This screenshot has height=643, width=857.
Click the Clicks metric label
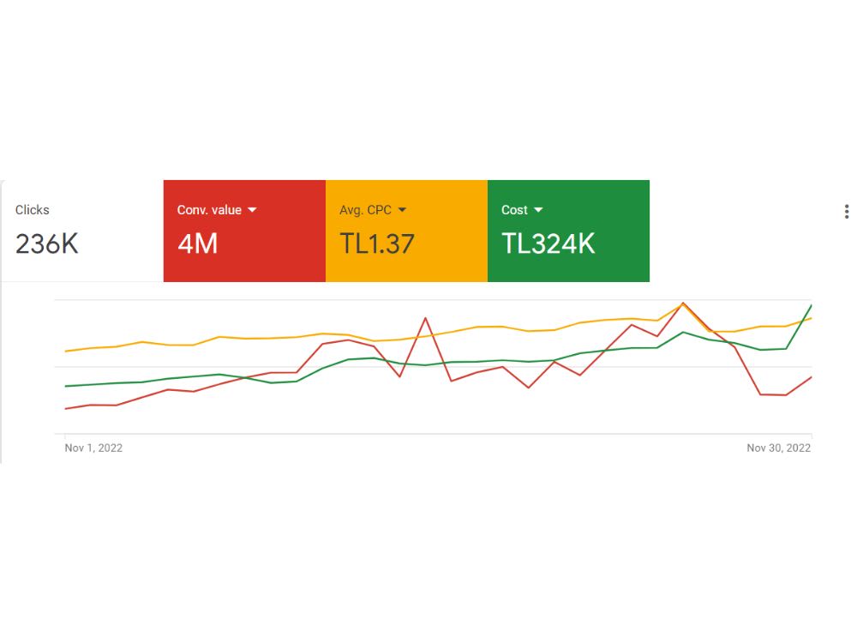click(x=33, y=210)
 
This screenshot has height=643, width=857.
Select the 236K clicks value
click(x=47, y=243)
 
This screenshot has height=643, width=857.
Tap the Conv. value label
click(x=209, y=210)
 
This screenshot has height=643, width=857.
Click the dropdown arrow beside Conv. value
click(x=252, y=210)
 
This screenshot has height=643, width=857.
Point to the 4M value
click(x=197, y=243)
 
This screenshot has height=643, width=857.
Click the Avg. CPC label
click(x=365, y=210)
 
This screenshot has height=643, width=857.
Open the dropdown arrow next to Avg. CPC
click(x=402, y=210)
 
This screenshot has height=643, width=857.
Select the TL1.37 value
click(x=376, y=243)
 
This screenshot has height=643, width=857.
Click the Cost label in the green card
click(x=514, y=210)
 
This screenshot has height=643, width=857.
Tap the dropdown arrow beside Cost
click(x=538, y=210)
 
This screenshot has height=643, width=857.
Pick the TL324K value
click(x=548, y=243)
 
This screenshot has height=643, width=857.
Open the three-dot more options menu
click(x=847, y=212)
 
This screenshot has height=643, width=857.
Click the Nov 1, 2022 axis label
click(x=93, y=448)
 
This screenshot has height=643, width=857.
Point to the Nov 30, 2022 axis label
click(x=778, y=448)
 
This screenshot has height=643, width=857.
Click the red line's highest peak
click(x=683, y=303)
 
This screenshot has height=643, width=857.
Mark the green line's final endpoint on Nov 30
click(x=812, y=305)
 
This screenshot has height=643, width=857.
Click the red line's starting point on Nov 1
click(x=66, y=408)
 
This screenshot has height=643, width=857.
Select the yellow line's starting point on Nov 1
click(x=66, y=351)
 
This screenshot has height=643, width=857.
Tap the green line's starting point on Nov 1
click(x=66, y=386)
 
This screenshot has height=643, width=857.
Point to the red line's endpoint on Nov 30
click(x=812, y=376)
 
